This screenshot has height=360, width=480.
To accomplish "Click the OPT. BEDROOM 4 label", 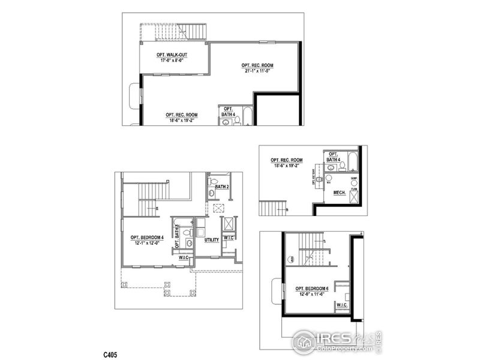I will pos(147,237).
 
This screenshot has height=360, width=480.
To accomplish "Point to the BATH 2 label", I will pos(223,187).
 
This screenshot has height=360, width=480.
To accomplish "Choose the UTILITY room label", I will pos(212,240).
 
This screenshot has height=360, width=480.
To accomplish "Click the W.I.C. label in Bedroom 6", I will pos(342,305).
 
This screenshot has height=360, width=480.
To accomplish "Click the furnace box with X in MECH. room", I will pos(354,195).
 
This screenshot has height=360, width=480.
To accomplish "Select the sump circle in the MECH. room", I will pos(354,183).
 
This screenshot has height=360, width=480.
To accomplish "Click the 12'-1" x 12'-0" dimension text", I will pos(147,243).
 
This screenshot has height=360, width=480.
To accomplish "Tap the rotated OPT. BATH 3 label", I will pos(177,236).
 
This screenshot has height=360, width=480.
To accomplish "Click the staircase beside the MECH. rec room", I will pos(272,208).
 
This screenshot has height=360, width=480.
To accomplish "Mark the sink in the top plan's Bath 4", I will pos(226,121).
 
